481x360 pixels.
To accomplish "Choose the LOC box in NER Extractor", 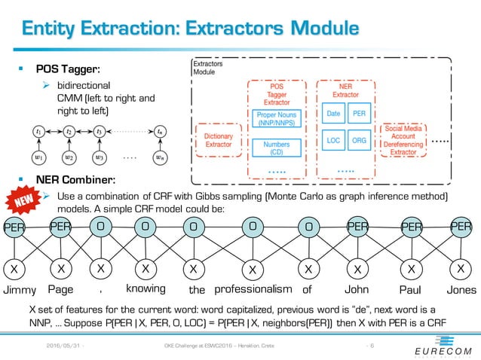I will (332, 140).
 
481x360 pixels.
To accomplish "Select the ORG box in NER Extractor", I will (359, 140).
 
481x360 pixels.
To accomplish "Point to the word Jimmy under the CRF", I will (20, 288).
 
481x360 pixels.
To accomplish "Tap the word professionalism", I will (253, 288).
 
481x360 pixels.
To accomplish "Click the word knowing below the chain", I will (146, 288).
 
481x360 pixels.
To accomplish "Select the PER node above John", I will (358, 224).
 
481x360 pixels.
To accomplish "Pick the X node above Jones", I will (460, 267).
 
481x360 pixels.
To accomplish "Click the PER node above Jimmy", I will (13, 227).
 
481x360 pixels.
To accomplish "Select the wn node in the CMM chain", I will (158, 157).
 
